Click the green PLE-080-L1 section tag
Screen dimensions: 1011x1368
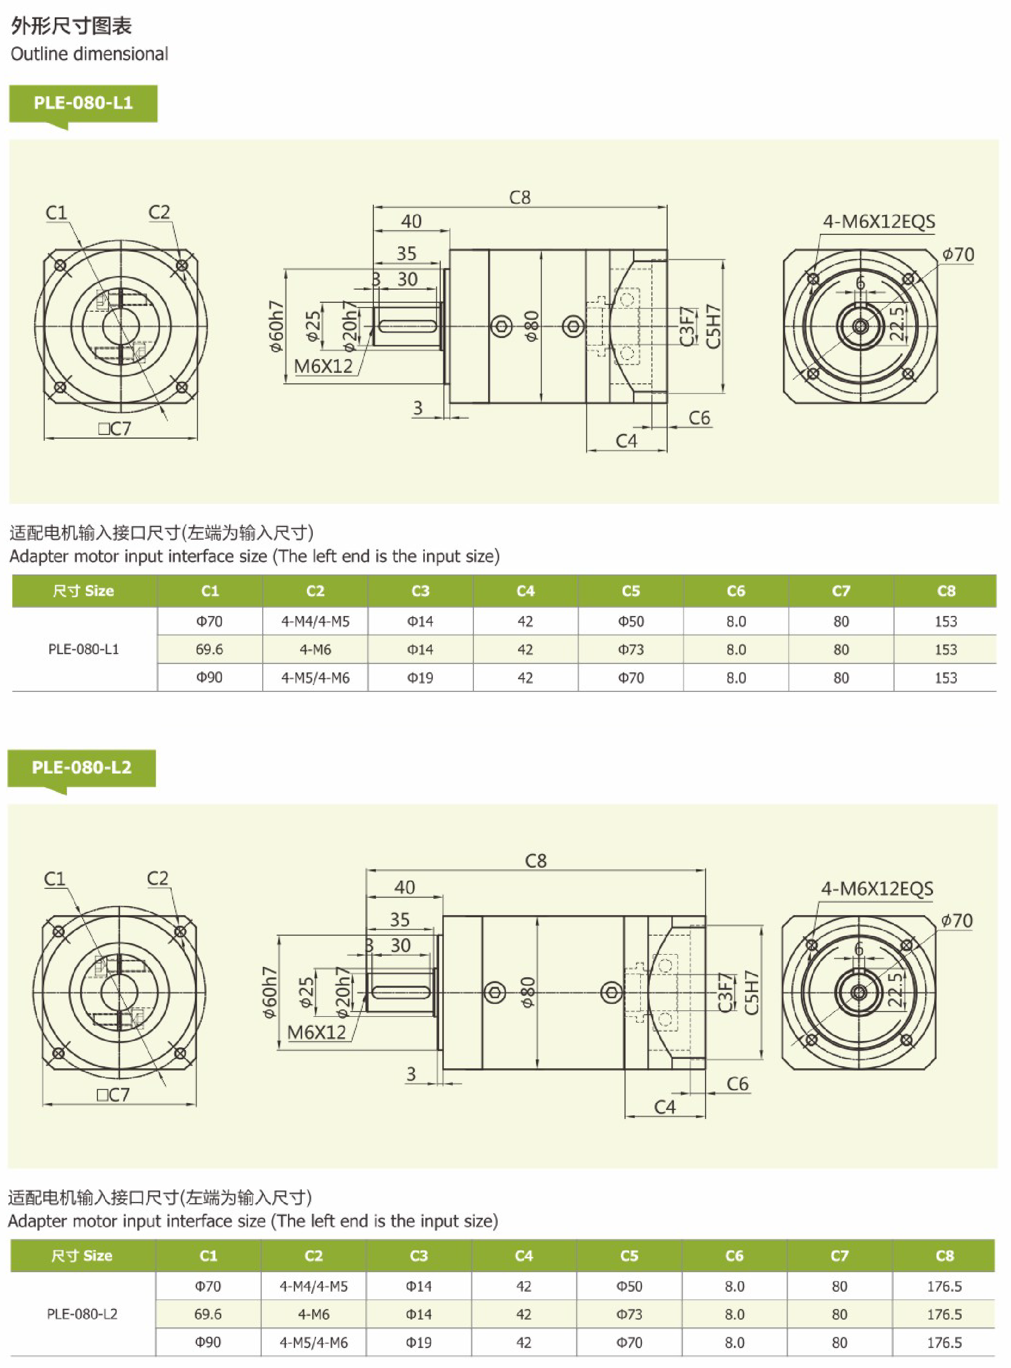[83, 103]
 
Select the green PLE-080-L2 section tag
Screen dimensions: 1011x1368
[82, 768]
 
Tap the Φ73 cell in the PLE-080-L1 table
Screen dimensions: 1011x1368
[630, 650]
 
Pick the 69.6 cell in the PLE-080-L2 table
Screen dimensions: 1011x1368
[208, 1314]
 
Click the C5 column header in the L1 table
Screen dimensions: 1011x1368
[630, 591]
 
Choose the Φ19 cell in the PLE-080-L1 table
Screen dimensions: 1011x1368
[420, 678]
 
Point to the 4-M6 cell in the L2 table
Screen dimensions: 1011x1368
[314, 1314]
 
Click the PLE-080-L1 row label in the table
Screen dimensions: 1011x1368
[84, 650]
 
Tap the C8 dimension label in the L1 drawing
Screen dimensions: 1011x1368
[520, 197]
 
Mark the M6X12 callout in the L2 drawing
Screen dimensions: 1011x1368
[316, 1033]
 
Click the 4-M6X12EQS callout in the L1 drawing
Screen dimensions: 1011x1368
[879, 222]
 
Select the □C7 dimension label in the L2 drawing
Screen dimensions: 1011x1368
[113, 1095]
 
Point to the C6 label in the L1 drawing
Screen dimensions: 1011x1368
[699, 418]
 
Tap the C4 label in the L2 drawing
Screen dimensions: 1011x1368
[665, 1107]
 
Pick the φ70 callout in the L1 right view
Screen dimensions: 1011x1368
[958, 254]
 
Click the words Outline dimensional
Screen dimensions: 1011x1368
[90, 54]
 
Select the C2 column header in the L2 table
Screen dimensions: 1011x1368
[314, 1255]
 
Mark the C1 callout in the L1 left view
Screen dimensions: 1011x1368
[56, 213]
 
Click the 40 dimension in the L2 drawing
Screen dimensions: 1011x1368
[404, 887]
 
